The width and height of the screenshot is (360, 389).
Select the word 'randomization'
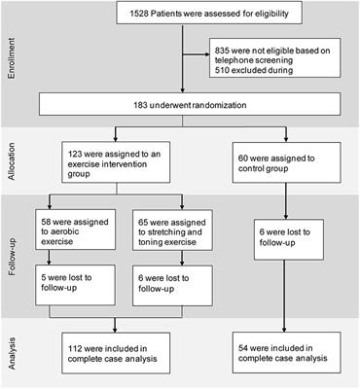pyautogui.click(x=231, y=104)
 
